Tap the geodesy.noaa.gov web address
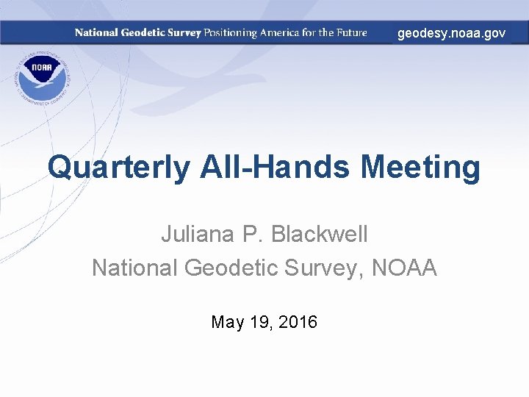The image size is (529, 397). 451,33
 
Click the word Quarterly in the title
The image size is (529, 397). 118,168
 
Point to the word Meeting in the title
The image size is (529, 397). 420,168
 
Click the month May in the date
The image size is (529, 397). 227,322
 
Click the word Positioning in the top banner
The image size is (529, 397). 231,33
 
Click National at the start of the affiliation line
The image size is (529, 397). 134,268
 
